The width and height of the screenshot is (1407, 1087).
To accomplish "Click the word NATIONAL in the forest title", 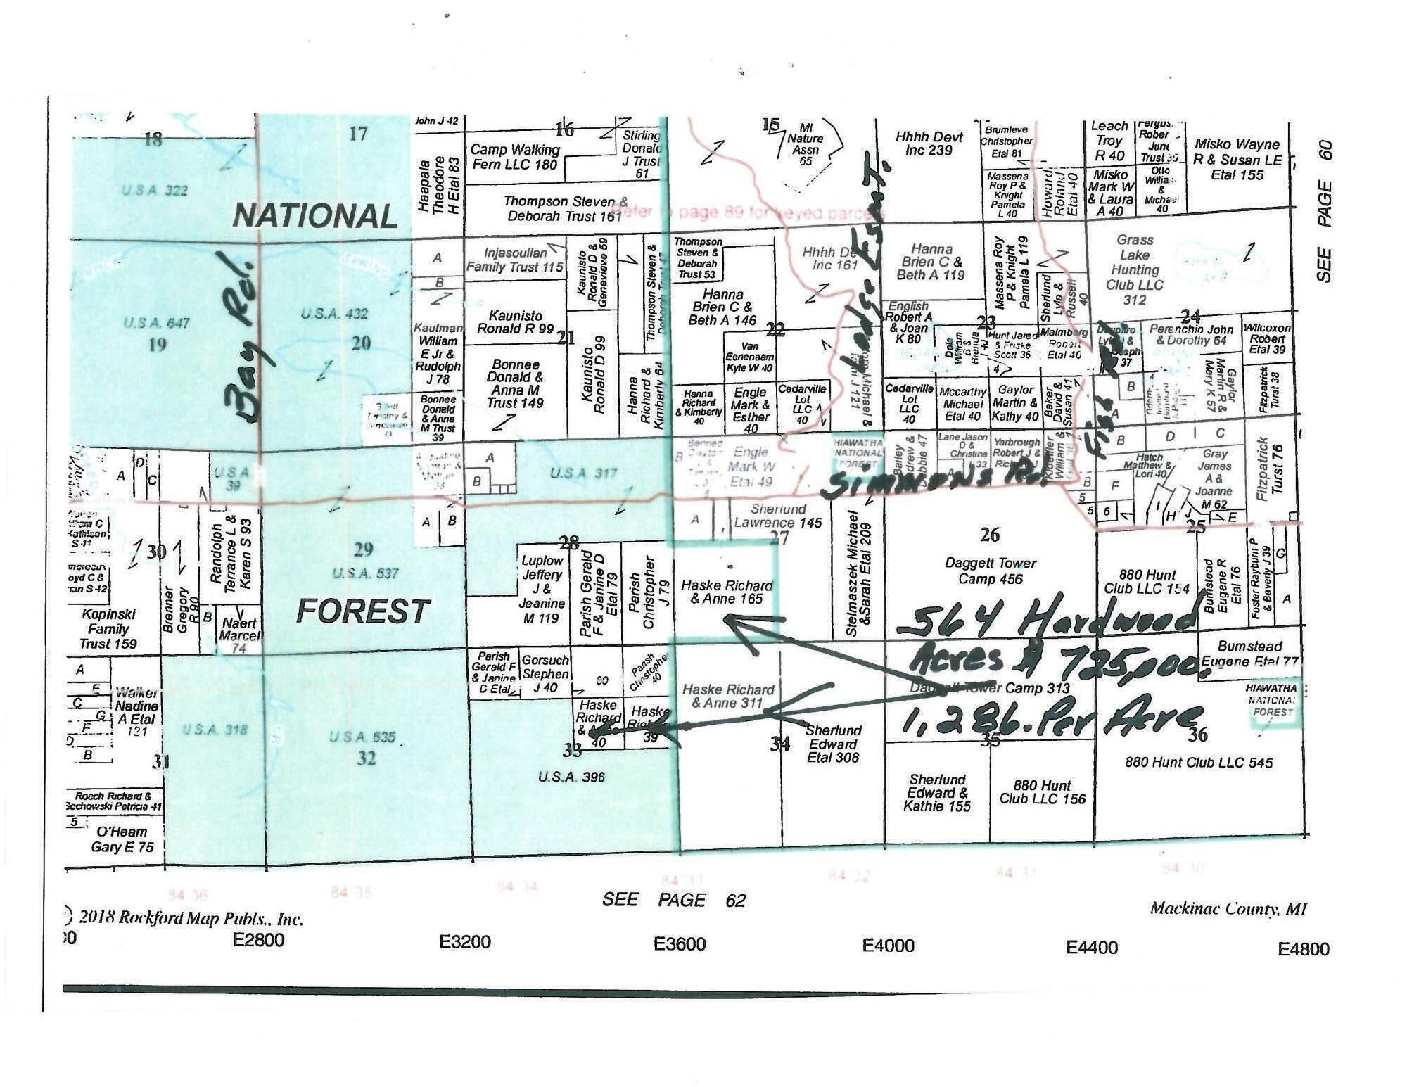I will (x=315, y=215).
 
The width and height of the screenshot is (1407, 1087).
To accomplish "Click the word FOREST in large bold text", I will (x=362, y=611).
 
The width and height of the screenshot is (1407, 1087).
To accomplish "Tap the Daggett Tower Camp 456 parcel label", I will (x=990, y=571).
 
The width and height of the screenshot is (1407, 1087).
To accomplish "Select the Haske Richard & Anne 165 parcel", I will (x=727, y=592).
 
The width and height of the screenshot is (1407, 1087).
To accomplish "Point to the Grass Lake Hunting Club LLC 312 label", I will (x=1135, y=270).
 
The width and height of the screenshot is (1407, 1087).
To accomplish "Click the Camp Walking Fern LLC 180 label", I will (x=515, y=157).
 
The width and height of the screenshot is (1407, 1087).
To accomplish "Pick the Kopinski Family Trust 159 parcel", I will (x=108, y=628).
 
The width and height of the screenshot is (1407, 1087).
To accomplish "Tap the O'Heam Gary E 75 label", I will (x=122, y=839).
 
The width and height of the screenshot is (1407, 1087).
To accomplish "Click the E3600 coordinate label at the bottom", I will (x=679, y=943).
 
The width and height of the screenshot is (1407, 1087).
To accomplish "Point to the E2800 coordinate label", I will (x=259, y=940).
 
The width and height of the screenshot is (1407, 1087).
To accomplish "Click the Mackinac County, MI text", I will (x=1228, y=908).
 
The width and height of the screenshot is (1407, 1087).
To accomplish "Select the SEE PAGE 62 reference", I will (x=673, y=900).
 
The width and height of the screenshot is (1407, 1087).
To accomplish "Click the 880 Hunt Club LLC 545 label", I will (x=1198, y=762).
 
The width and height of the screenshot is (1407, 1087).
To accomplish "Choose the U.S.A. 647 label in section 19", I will (x=156, y=323).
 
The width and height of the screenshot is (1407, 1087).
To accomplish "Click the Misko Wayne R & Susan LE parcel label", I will (x=1237, y=159).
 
